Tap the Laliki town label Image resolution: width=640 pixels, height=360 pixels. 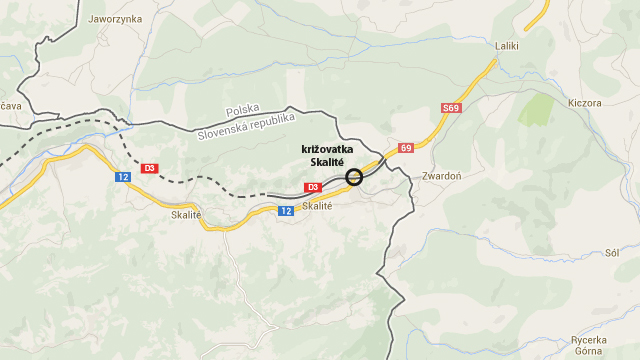[509, 46]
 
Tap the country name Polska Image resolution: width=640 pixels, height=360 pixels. [242, 110]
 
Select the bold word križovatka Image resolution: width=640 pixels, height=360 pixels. [327, 150]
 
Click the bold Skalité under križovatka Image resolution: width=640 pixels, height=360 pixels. [327, 162]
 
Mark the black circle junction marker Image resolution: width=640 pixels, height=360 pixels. [354, 177]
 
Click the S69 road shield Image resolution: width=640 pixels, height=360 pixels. [449, 108]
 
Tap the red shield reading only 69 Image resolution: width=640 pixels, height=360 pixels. [406, 148]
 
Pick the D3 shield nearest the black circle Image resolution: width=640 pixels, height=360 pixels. [312, 187]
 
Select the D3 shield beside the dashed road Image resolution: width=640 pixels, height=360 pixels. [150, 168]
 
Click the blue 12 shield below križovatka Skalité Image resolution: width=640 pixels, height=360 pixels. [286, 210]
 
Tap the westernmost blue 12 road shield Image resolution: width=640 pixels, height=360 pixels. [122, 177]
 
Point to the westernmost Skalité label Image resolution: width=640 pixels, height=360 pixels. [187, 214]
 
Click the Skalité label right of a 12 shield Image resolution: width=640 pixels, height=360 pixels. [316, 206]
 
